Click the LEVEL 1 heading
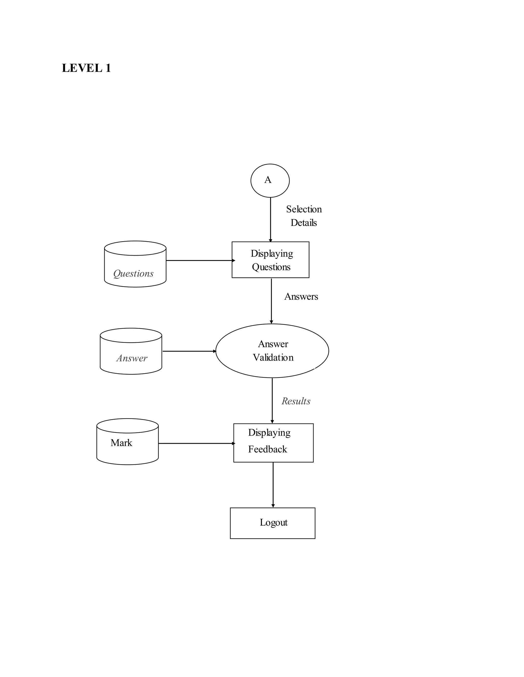pyautogui.click(x=86, y=68)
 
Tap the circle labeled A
pyautogui.click(x=270, y=180)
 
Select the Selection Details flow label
pyautogui.click(x=304, y=216)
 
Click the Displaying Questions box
pyautogui.click(x=270, y=260)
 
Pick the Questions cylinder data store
pyautogui.click(x=135, y=264)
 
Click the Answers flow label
pyautogui.click(x=301, y=297)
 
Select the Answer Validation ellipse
pyautogui.click(x=272, y=351)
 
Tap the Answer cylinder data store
pyautogui.click(x=131, y=351)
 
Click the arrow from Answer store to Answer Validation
pyautogui.click(x=189, y=351)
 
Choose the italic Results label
pyautogui.click(x=296, y=401)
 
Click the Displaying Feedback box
pyautogui.click(x=273, y=443)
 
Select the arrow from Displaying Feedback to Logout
pyautogui.click(x=273, y=485)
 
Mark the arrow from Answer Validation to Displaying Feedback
pyautogui.click(x=272, y=401)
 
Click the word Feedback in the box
pyautogui.click(x=267, y=449)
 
